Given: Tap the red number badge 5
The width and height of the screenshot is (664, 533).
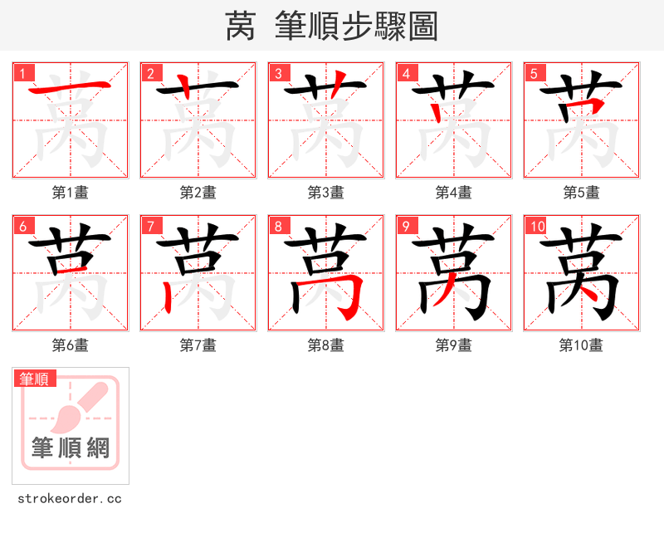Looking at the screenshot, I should coord(535,73).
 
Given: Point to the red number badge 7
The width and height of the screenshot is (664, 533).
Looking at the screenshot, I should coord(151,226).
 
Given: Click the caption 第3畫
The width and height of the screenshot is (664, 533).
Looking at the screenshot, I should coord(325,193).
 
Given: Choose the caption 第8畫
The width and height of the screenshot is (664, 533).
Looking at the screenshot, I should coord(325,345).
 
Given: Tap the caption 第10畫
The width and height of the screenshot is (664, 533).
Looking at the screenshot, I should coord(581,345).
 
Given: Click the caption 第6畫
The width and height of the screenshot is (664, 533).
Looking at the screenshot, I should coord(71,345).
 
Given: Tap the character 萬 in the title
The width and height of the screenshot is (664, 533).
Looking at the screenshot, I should coord(240,27).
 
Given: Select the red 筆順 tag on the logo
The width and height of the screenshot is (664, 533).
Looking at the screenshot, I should coord(36,379).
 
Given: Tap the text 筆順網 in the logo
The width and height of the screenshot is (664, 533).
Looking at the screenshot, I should coord(71,448).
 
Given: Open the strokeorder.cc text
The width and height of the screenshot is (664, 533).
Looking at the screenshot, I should coord(70,499).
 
